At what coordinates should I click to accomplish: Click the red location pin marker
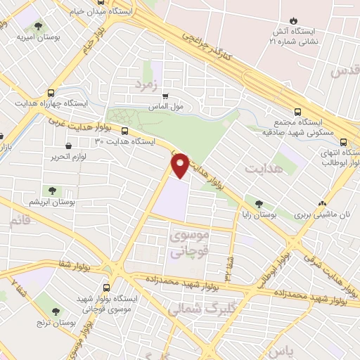[180, 164]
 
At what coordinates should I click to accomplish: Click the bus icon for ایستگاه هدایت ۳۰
[125, 130]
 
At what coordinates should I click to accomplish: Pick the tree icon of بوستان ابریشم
[52, 190]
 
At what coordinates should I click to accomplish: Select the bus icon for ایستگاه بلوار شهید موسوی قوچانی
[107, 288]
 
